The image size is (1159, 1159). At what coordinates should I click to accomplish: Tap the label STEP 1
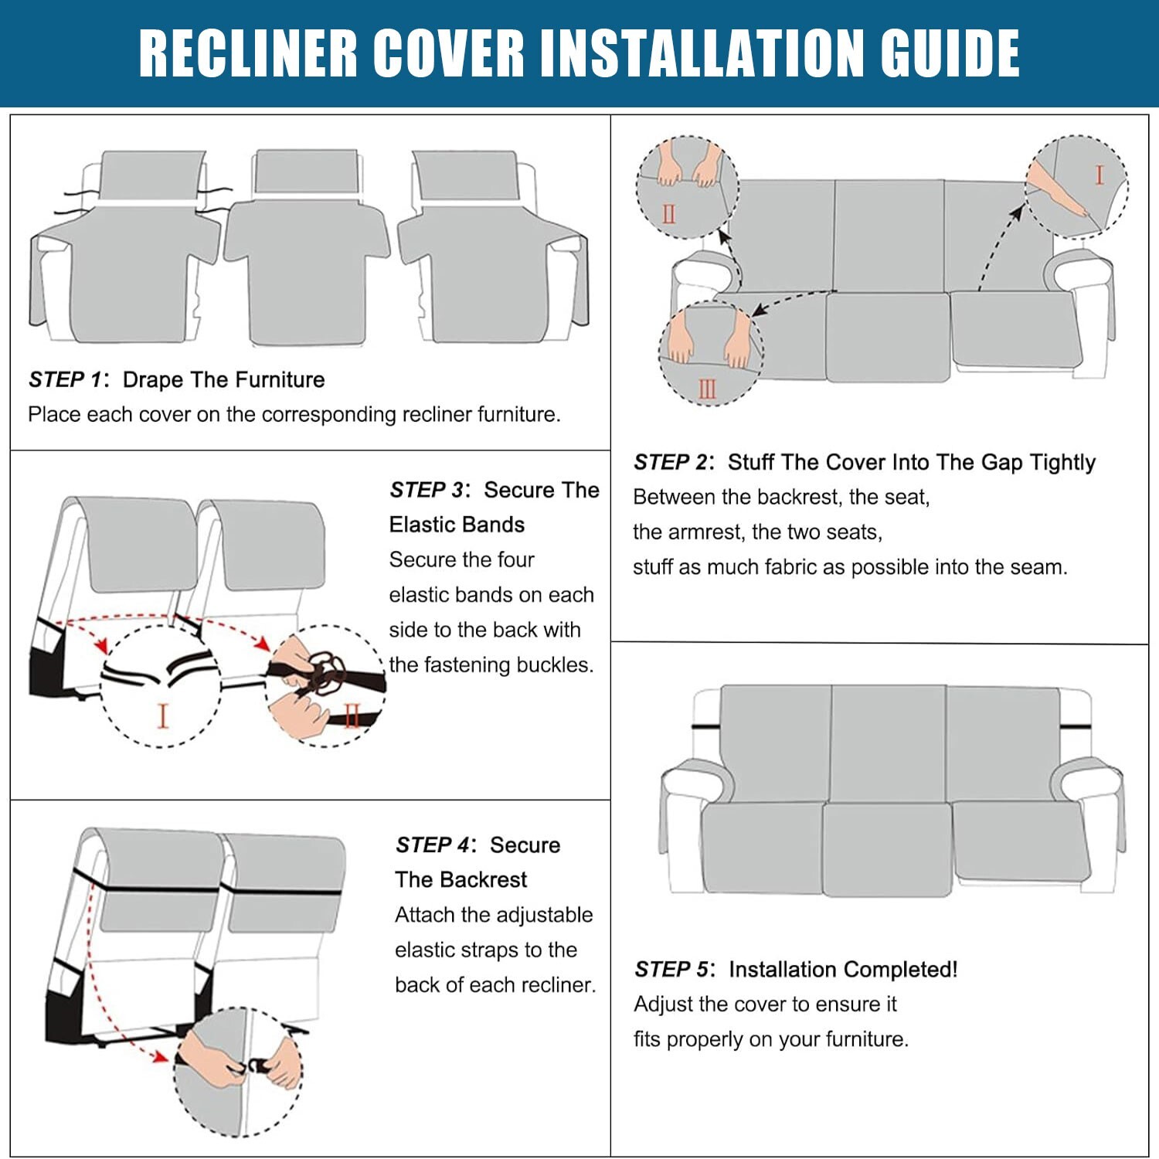pyautogui.click(x=65, y=379)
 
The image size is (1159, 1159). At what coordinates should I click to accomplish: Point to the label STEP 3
pyautogui.click(x=426, y=490)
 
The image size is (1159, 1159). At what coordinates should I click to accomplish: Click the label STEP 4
pyautogui.click(x=432, y=845)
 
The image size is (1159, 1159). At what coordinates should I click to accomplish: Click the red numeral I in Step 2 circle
pyautogui.click(x=1099, y=175)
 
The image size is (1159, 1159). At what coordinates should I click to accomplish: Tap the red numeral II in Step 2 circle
pyautogui.click(x=668, y=213)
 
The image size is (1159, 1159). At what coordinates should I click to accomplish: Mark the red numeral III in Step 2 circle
pyautogui.click(x=707, y=388)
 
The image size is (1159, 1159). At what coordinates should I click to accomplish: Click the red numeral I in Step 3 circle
pyautogui.click(x=162, y=715)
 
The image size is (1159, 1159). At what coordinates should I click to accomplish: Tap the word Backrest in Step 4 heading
pyautogui.click(x=483, y=879)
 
